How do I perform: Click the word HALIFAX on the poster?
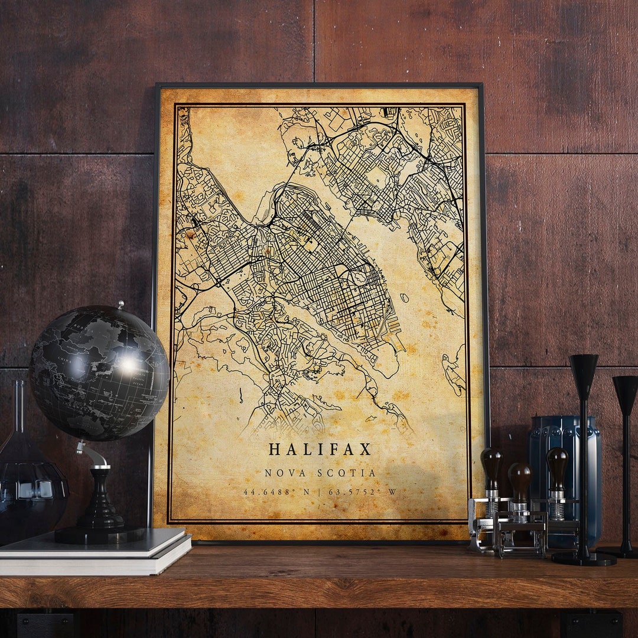[320, 449]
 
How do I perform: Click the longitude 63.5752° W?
[363, 491]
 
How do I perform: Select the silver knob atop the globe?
[120, 305]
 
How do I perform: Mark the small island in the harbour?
[404, 298]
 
